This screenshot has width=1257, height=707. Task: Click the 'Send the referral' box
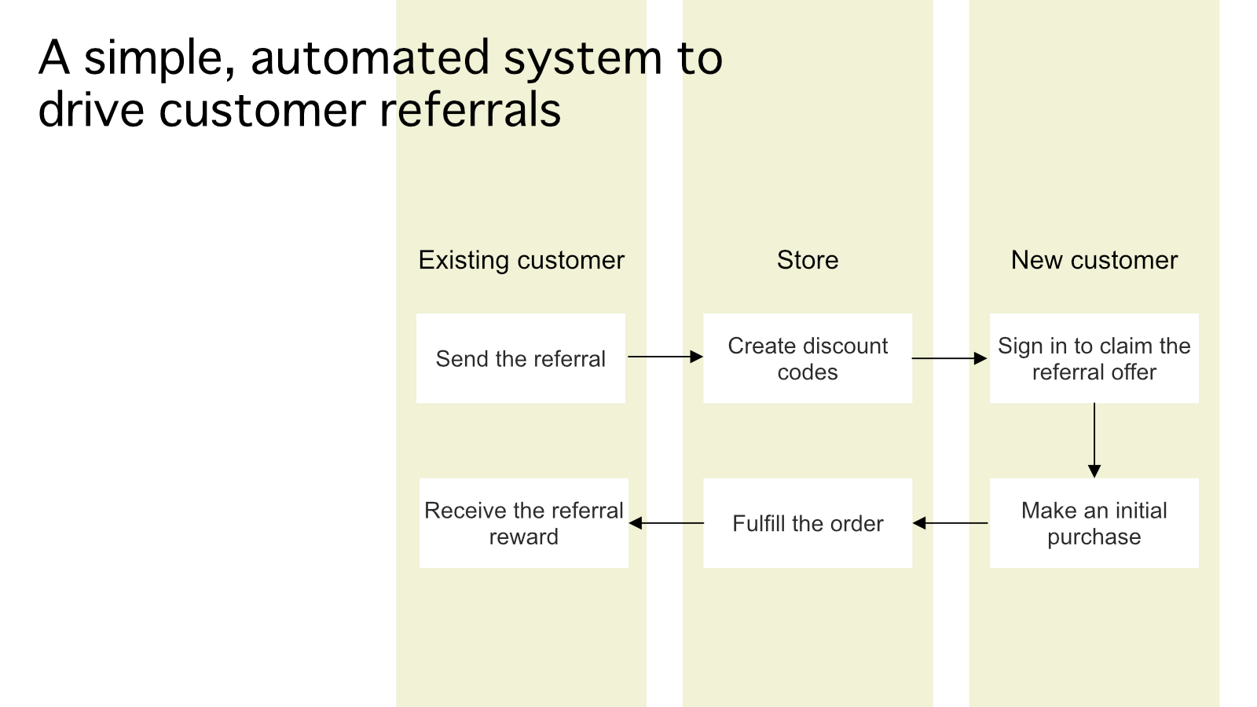[521, 358]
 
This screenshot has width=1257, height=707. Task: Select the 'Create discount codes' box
[808, 358]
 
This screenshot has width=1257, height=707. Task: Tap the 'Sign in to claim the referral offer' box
[1094, 358]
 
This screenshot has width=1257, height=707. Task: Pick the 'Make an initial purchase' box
[1094, 523]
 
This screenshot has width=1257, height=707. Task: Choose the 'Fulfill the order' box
[808, 523]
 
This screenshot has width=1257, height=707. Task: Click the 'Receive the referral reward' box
[523, 523]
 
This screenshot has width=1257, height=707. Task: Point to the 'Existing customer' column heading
[522, 260]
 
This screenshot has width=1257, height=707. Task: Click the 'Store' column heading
[808, 260]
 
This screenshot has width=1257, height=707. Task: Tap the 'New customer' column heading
[1094, 260]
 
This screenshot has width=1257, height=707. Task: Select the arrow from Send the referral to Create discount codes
[665, 357]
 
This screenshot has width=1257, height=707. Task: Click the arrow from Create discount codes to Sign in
[950, 358]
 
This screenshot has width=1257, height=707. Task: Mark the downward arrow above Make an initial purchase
[1094, 441]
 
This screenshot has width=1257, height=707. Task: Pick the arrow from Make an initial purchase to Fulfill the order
[950, 523]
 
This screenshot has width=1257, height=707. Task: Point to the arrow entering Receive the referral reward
[666, 523]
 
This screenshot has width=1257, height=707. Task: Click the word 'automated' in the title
[370, 58]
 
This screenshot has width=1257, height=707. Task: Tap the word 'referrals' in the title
[471, 109]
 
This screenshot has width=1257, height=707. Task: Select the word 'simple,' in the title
[159, 60]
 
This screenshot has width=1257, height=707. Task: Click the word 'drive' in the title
[91, 109]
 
